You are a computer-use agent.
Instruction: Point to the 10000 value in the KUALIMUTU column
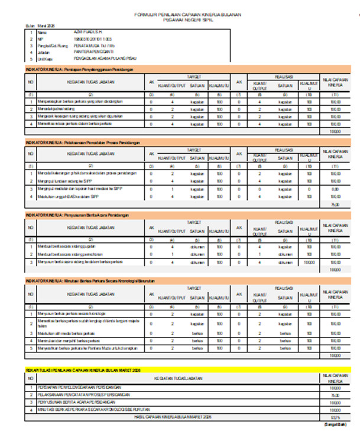point(309,261)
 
